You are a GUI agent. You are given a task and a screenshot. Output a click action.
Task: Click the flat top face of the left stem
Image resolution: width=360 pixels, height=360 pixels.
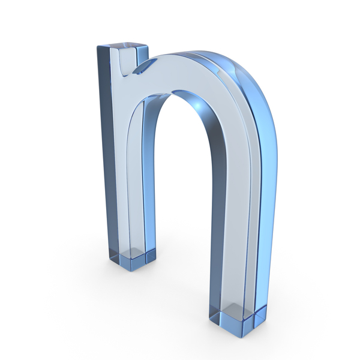tap(122, 47)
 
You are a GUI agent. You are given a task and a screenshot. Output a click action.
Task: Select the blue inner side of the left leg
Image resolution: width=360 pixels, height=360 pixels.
tap(148, 180)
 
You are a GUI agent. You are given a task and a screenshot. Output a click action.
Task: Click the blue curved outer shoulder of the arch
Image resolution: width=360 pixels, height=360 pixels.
tap(252, 90)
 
